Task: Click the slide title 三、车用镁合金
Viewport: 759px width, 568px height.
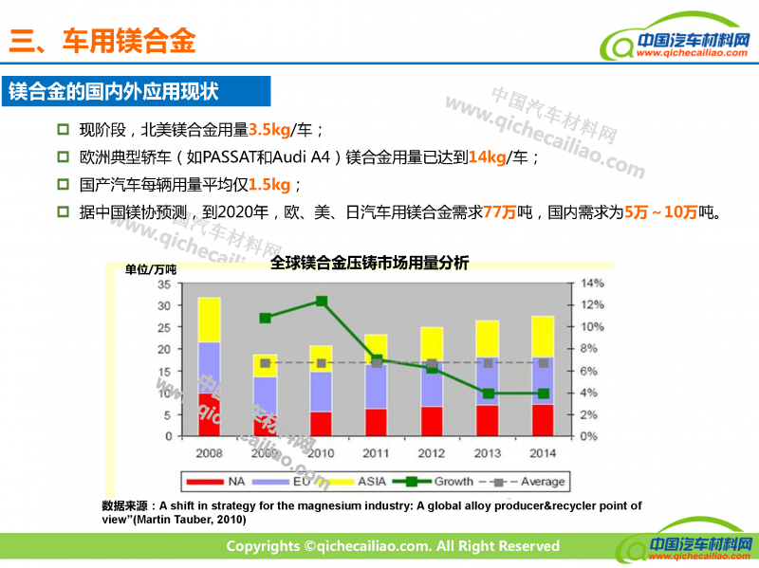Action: (x=102, y=40)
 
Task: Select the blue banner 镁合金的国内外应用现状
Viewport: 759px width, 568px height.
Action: (x=114, y=92)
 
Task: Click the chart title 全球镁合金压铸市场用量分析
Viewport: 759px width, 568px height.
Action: (x=369, y=263)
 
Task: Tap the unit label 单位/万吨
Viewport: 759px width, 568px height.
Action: (x=151, y=269)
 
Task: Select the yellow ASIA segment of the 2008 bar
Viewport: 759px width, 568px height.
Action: (x=209, y=320)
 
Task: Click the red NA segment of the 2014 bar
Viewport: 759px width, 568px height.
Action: (x=543, y=420)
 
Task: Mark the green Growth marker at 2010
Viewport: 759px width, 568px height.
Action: (x=322, y=302)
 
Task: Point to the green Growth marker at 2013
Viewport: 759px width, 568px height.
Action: (x=488, y=394)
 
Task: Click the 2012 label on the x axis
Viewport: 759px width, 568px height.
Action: (x=432, y=452)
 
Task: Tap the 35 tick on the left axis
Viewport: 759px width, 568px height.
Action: (x=163, y=284)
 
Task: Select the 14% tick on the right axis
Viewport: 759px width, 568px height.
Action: (x=591, y=284)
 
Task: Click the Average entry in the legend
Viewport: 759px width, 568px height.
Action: (x=531, y=482)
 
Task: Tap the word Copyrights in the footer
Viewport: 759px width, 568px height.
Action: (x=262, y=546)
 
